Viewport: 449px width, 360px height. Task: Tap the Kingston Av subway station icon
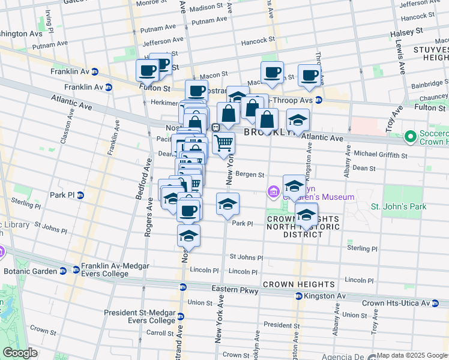tap(298, 296)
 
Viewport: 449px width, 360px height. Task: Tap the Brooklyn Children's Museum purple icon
tap(273, 192)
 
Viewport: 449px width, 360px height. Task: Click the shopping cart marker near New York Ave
tap(223, 142)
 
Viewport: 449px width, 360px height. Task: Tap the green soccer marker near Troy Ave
tap(411, 137)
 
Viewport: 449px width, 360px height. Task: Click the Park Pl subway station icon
tap(80, 195)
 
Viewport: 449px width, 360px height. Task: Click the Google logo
tap(20, 353)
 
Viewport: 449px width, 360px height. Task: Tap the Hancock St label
tap(258, 40)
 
